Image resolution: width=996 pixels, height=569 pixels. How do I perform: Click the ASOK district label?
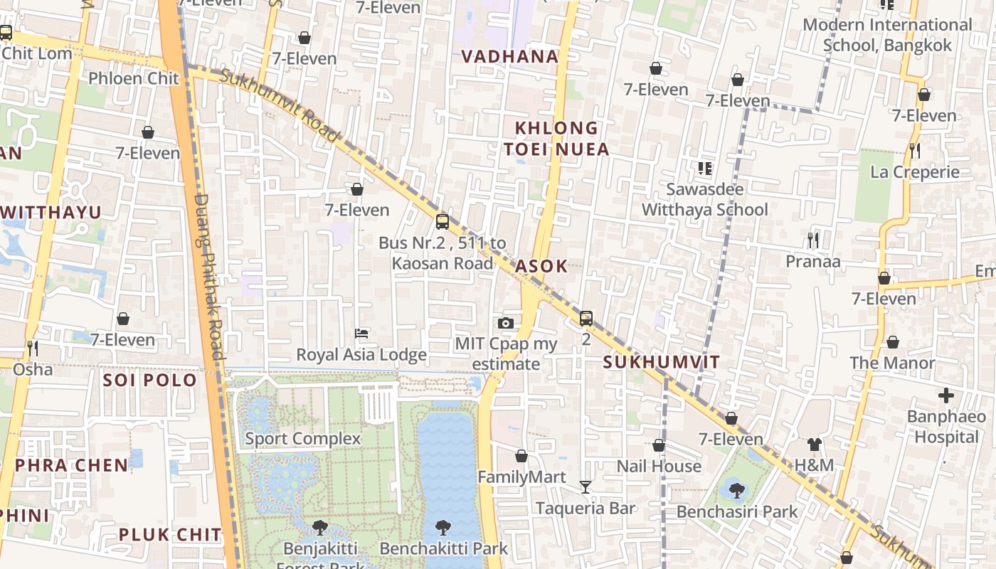pyautogui.click(x=541, y=266)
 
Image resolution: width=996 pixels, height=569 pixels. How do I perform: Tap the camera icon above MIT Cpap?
pyautogui.click(x=506, y=324)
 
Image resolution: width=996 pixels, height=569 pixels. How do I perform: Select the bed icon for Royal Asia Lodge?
pyautogui.click(x=361, y=334)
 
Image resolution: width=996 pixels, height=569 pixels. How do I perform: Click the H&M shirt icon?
pyautogui.click(x=815, y=445)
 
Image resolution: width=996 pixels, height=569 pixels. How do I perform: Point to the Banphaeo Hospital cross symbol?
pyautogui.click(x=946, y=395)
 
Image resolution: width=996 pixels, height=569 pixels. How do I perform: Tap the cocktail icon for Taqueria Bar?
pyautogui.click(x=586, y=487)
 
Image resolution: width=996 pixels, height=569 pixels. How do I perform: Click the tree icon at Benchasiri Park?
pyautogui.click(x=736, y=490)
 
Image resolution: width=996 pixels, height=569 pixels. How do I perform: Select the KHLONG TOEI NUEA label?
pyautogui.click(x=561, y=139)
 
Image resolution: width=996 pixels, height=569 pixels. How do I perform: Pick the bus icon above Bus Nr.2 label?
pyautogui.click(x=443, y=222)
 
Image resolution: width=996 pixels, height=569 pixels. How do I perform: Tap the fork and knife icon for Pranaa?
pyautogui.click(x=813, y=240)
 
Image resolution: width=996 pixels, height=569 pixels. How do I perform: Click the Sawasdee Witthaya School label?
pyautogui.click(x=705, y=200)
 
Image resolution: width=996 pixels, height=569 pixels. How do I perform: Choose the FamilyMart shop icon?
pyautogui.click(x=521, y=456)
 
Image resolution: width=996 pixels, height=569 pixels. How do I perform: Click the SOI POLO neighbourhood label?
pyautogui.click(x=149, y=380)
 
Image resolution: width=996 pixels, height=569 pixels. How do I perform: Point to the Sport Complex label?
pyautogui.click(x=303, y=438)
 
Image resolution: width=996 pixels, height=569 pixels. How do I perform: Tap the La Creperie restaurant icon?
pyautogui.click(x=915, y=151)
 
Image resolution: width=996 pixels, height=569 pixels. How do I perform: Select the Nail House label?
pyautogui.click(x=659, y=467)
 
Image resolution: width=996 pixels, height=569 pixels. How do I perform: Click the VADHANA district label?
pyautogui.click(x=509, y=57)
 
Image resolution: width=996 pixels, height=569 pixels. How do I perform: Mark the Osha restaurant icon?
pyautogui.click(x=33, y=349)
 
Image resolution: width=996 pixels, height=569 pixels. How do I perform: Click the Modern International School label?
pyautogui.click(x=887, y=35)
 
